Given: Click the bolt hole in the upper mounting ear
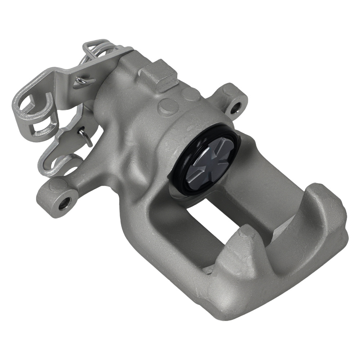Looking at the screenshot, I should click(x=236, y=107).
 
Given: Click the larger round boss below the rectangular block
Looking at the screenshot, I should click(x=167, y=107).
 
